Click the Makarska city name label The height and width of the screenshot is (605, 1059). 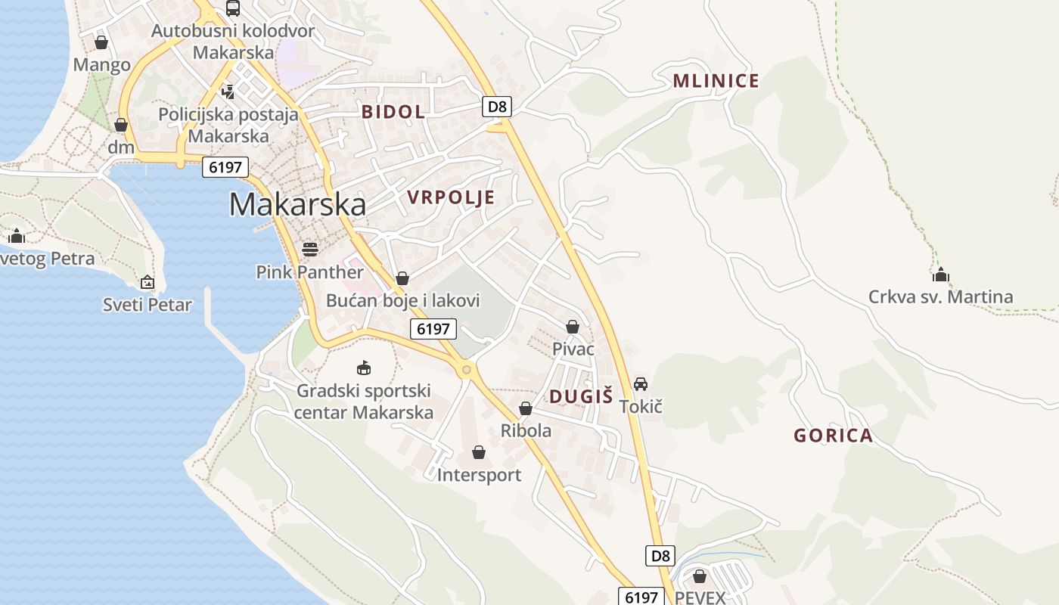[297, 204]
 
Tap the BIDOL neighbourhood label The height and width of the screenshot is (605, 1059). [393, 112]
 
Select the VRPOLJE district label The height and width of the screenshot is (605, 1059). [451, 198]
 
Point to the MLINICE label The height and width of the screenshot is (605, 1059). [716, 82]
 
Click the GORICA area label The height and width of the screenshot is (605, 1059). [833, 436]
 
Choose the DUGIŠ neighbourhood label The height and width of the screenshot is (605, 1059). [581, 396]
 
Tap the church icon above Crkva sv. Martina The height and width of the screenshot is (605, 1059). [940, 275]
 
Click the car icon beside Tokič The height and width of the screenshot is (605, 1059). [641, 384]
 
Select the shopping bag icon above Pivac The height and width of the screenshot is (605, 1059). [573, 327]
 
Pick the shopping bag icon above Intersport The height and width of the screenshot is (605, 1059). [478, 452]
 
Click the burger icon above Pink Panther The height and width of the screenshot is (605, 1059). [309, 249]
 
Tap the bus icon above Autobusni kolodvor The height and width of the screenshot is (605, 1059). [232, 9]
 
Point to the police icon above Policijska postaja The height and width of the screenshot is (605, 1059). [228, 92]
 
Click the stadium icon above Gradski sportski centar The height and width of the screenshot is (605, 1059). [364, 368]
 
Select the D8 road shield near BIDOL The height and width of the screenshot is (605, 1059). [497, 106]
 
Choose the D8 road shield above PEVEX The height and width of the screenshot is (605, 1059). [660, 556]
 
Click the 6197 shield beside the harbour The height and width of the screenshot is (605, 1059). [225, 167]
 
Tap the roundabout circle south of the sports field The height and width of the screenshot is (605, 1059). [467, 370]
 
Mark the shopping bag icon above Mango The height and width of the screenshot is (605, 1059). [101, 42]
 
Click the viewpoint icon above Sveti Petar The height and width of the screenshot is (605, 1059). [148, 283]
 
